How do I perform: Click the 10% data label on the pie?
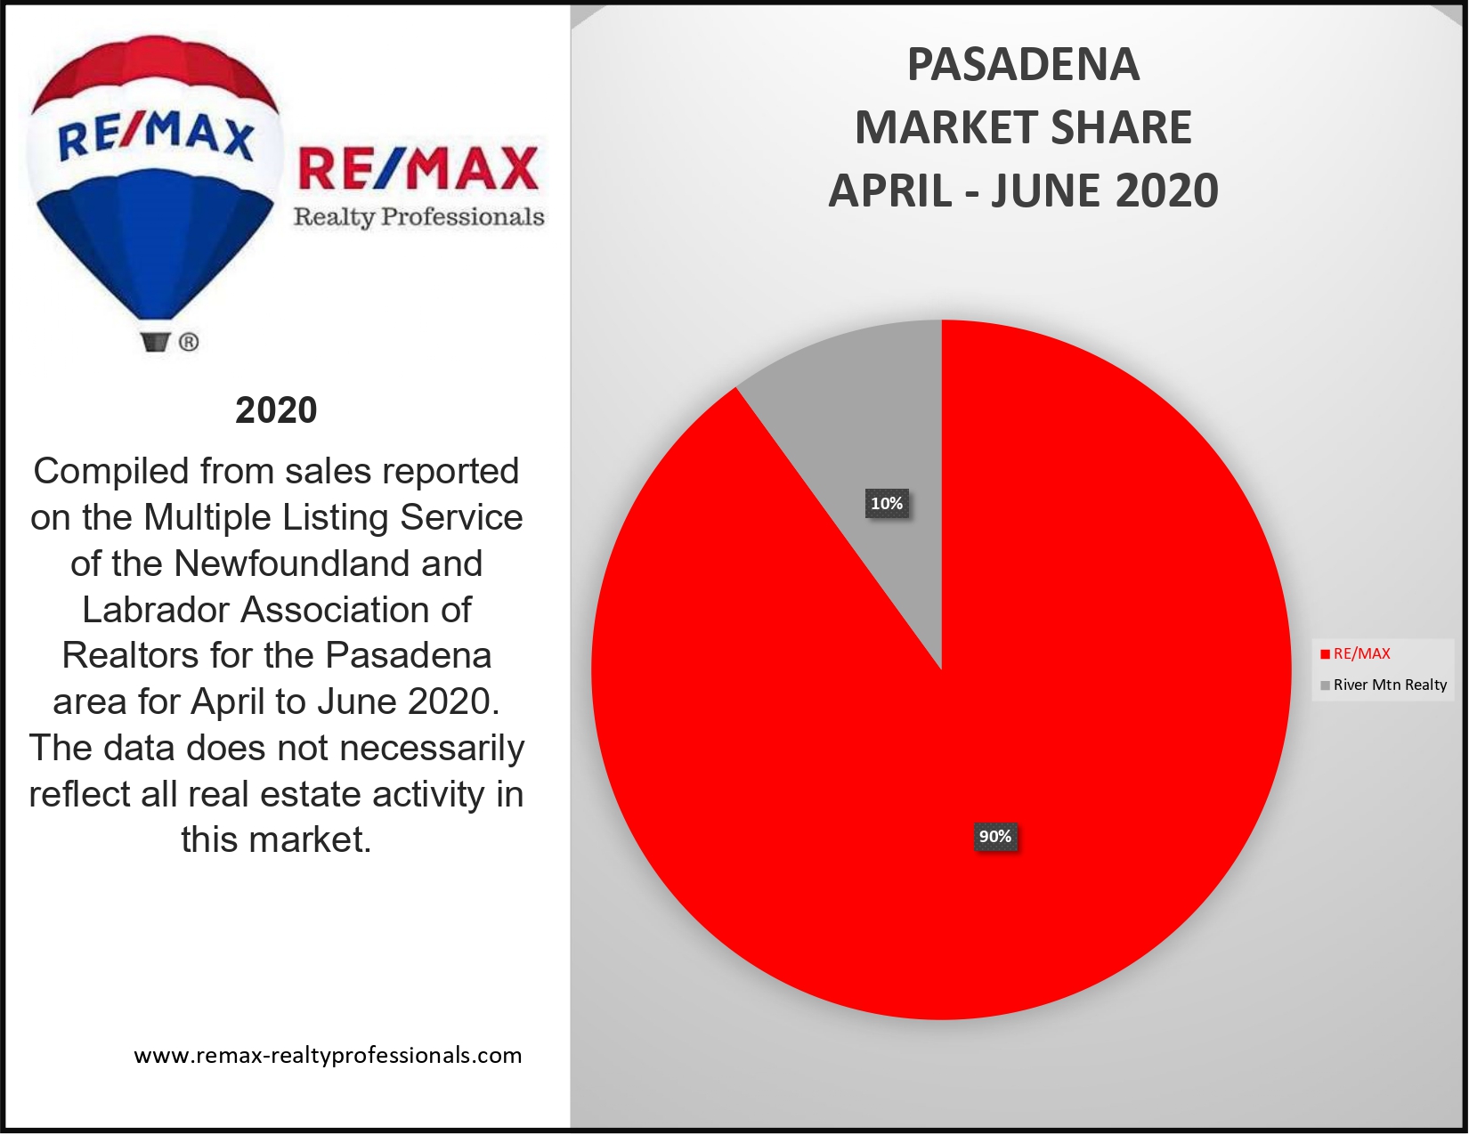click(886, 504)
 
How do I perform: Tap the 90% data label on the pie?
click(995, 836)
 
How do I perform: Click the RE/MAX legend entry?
click(1355, 653)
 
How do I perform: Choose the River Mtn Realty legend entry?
click(1384, 685)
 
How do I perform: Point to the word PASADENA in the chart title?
click(1024, 65)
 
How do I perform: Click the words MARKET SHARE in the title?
click(1024, 127)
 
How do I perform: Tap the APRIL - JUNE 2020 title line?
click(1024, 190)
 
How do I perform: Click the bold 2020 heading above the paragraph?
click(276, 410)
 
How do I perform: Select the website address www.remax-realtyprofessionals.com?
click(328, 1055)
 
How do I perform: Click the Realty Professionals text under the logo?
click(418, 217)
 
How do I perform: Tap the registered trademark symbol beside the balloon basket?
click(189, 343)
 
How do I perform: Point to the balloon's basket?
click(155, 342)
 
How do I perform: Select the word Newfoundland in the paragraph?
click(328, 563)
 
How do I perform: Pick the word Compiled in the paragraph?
click(111, 471)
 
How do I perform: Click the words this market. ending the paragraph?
click(276, 839)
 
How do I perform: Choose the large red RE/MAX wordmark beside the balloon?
click(418, 169)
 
